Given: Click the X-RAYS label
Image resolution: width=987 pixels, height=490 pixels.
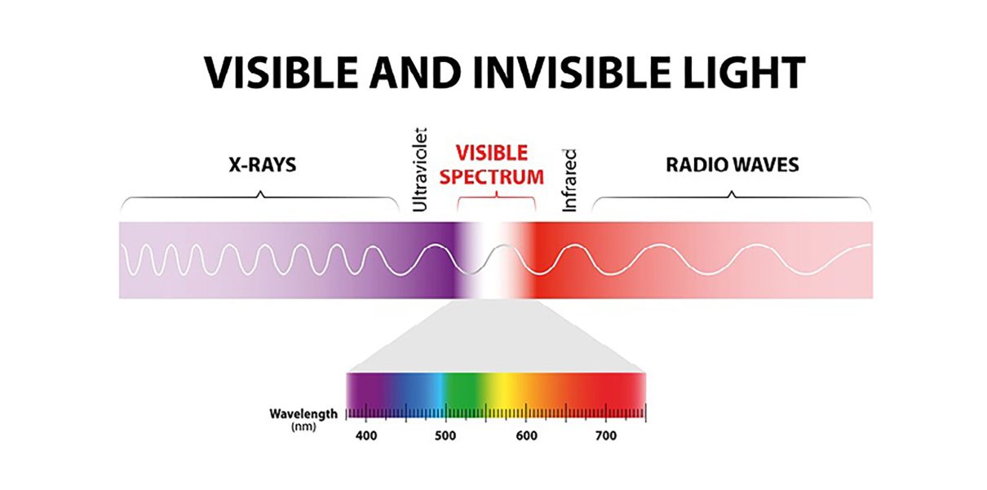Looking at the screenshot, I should [x=262, y=166].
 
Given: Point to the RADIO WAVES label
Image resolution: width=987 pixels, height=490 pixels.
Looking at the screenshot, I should [x=732, y=166].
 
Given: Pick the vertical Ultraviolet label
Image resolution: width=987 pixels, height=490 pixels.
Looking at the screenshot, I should [x=421, y=169].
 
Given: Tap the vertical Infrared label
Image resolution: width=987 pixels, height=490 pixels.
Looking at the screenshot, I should [x=570, y=180].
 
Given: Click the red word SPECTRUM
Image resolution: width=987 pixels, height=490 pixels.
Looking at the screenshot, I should [x=498, y=175].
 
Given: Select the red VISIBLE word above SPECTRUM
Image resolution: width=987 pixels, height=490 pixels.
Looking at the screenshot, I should [x=491, y=152].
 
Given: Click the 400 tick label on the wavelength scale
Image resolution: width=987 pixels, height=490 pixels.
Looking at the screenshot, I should [x=366, y=436].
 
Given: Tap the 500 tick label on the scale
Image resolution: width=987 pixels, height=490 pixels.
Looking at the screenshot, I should [x=445, y=436].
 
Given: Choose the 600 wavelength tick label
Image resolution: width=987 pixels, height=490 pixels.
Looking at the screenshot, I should [x=526, y=436].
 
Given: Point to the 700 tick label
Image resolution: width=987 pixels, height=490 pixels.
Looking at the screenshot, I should [x=606, y=436].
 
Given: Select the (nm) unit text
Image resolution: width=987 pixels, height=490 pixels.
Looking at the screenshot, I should [x=303, y=426].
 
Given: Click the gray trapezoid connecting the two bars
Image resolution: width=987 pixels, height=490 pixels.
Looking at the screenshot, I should [x=495, y=338].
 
